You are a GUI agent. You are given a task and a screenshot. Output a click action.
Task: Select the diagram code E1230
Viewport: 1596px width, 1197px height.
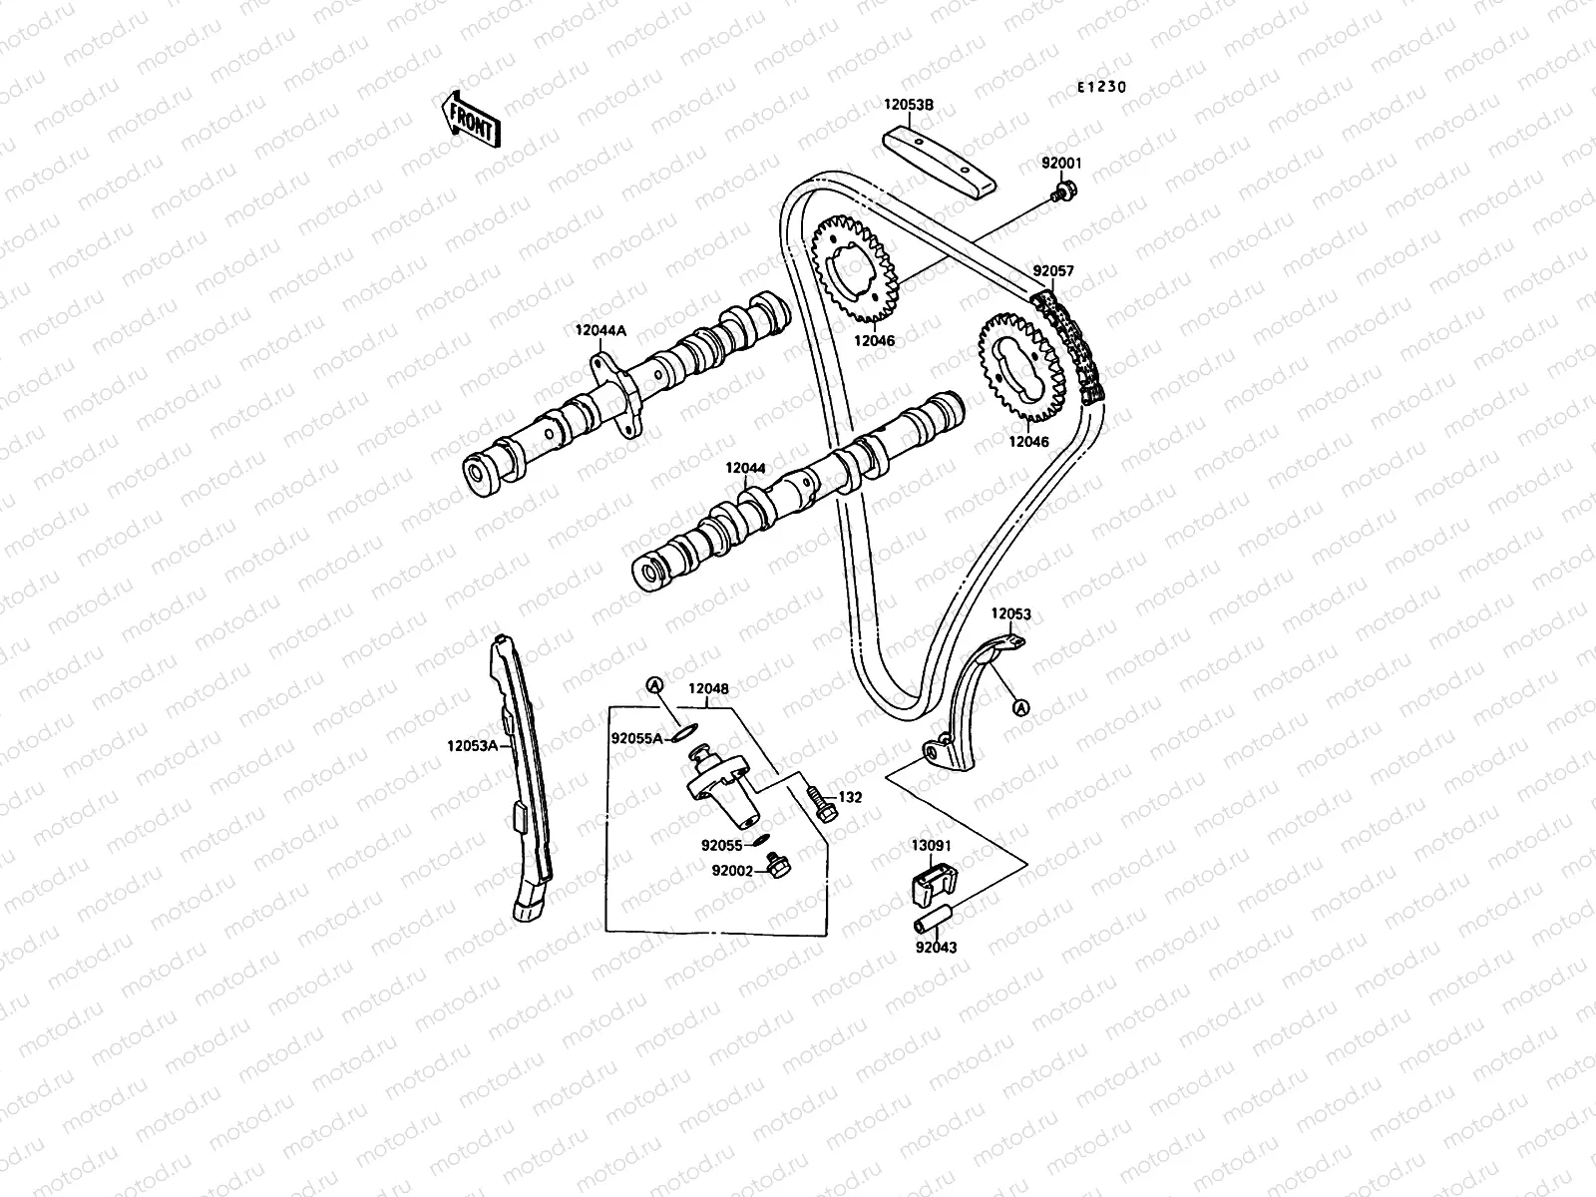tap(1100, 87)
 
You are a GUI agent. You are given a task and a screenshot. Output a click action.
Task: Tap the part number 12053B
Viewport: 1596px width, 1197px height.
tap(908, 103)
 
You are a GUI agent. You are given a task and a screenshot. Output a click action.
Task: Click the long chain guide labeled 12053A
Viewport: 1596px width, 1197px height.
tap(523, 778)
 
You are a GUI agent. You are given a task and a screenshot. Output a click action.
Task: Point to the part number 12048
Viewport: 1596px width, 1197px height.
tap(707, 688)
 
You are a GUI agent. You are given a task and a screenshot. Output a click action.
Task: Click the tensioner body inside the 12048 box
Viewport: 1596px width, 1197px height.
tap(717, 788)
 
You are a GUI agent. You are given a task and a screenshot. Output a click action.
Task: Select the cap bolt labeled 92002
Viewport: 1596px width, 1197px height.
tap(775, 867)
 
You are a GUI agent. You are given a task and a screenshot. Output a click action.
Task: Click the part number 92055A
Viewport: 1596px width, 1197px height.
tap(636, 739)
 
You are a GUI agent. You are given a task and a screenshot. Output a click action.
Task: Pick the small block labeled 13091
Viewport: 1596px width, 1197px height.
tap(935, 882)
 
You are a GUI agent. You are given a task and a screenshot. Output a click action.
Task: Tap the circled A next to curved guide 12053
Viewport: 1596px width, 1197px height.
tap(1019, 707)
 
